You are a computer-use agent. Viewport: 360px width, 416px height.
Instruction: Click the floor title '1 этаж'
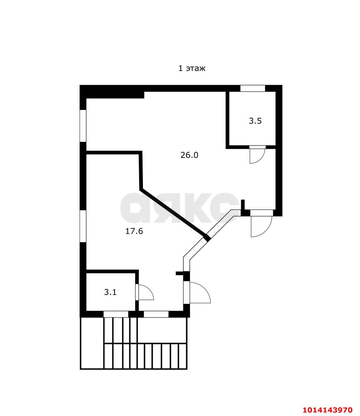[x=192, y=69]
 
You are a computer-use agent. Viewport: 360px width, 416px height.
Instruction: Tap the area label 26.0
[x=189, y=155]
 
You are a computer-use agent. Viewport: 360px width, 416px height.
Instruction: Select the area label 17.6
[x=134, y=231]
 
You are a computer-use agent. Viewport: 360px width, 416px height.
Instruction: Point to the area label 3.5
[x=255, y=121]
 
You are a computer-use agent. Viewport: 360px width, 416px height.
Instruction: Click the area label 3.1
[x=110, y=292]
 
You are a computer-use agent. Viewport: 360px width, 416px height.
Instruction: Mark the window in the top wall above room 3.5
[x=253, y=88]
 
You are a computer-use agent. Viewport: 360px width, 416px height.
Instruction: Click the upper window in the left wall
[x=83, y=126]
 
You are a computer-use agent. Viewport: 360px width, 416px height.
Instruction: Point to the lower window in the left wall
[x=83, y=226]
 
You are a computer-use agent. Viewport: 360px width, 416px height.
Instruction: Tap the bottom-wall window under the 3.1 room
[x=116, y=314]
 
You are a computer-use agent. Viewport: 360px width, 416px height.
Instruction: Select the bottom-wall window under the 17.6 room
[x=156, y=314]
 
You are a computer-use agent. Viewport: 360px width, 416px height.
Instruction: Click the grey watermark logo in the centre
[x=179, y=208]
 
